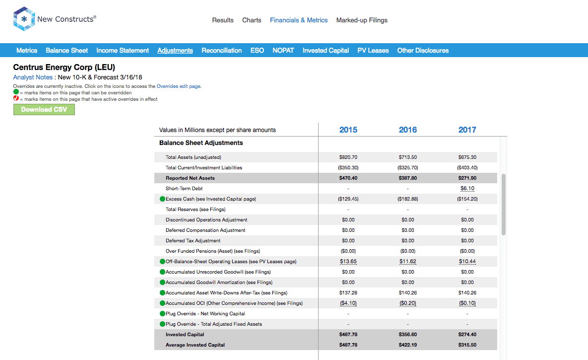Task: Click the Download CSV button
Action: pos(44,109)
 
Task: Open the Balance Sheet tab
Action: pos(67,50)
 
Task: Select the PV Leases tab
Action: pos(373,50)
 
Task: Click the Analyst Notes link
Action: pos(33,77)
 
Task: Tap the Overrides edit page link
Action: pos(179,86)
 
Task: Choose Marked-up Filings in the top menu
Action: pos(362,20)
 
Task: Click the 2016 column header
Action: pos(407,130)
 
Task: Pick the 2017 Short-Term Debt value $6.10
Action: pos(467,189)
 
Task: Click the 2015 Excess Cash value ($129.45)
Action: pos(348,199)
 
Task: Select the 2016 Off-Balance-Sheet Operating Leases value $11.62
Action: pos(407,262)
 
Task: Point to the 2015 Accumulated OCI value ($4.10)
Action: pos(348,303)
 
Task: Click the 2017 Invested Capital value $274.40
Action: pos(467,335)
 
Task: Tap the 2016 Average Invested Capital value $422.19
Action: pos(407,345)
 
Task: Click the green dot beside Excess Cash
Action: pos(162,199)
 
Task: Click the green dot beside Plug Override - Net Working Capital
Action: pos(162,313)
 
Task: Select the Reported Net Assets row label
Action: pos(190,178)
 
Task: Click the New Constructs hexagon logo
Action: pos(24,19)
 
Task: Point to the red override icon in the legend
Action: pos(16,98)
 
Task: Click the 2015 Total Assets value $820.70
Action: pos(348,157)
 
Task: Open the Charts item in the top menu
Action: pos(252,20)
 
